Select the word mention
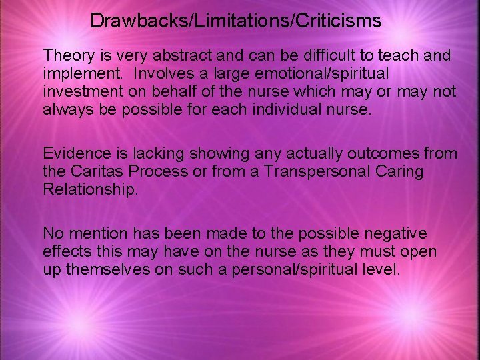pyautogui.click(x=95, y=234)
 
